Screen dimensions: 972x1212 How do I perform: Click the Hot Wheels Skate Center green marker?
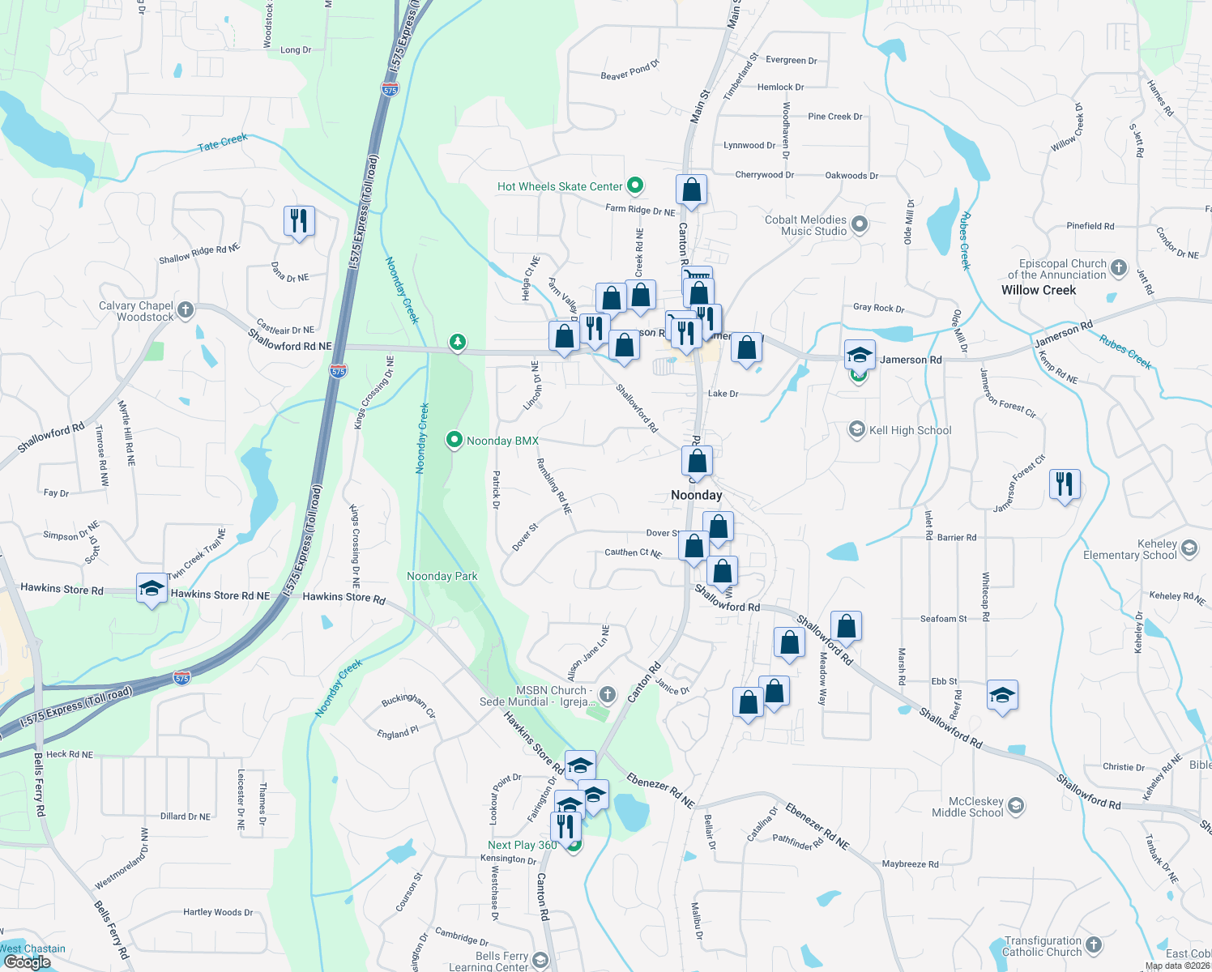[x=636, y=186]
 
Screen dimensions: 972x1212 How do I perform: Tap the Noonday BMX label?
[x=502, y=441]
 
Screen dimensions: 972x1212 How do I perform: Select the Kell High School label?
[x=910, y=430]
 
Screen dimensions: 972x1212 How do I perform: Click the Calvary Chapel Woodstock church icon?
[x=186, y=309]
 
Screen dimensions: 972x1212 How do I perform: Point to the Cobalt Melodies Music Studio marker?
[x=860, y=224]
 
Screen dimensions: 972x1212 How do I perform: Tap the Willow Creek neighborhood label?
[x=1039, y=290]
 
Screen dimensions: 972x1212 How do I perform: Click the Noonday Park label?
[x=442, y=576]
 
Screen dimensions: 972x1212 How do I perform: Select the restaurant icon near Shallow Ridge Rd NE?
[x=299, y=220]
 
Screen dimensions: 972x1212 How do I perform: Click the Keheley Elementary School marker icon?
[x=1189, y=548]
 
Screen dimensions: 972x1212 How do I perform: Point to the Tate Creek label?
[x=223, y=143]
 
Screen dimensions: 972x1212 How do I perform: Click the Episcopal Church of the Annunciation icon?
[x=1119, y=267]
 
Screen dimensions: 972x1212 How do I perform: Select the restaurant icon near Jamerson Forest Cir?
[x=1065, y=484]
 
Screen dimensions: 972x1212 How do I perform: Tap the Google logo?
[x=27, y=962]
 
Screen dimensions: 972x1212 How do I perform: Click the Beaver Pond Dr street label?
[x=630, y=70]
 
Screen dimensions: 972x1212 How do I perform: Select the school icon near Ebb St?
[x=1002, y=696]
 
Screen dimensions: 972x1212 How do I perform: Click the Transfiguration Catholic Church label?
[x=1043, y=946]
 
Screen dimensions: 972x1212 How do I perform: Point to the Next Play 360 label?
[x=523, y=845]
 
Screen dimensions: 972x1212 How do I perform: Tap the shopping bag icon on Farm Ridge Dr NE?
[x=691, y=190]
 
